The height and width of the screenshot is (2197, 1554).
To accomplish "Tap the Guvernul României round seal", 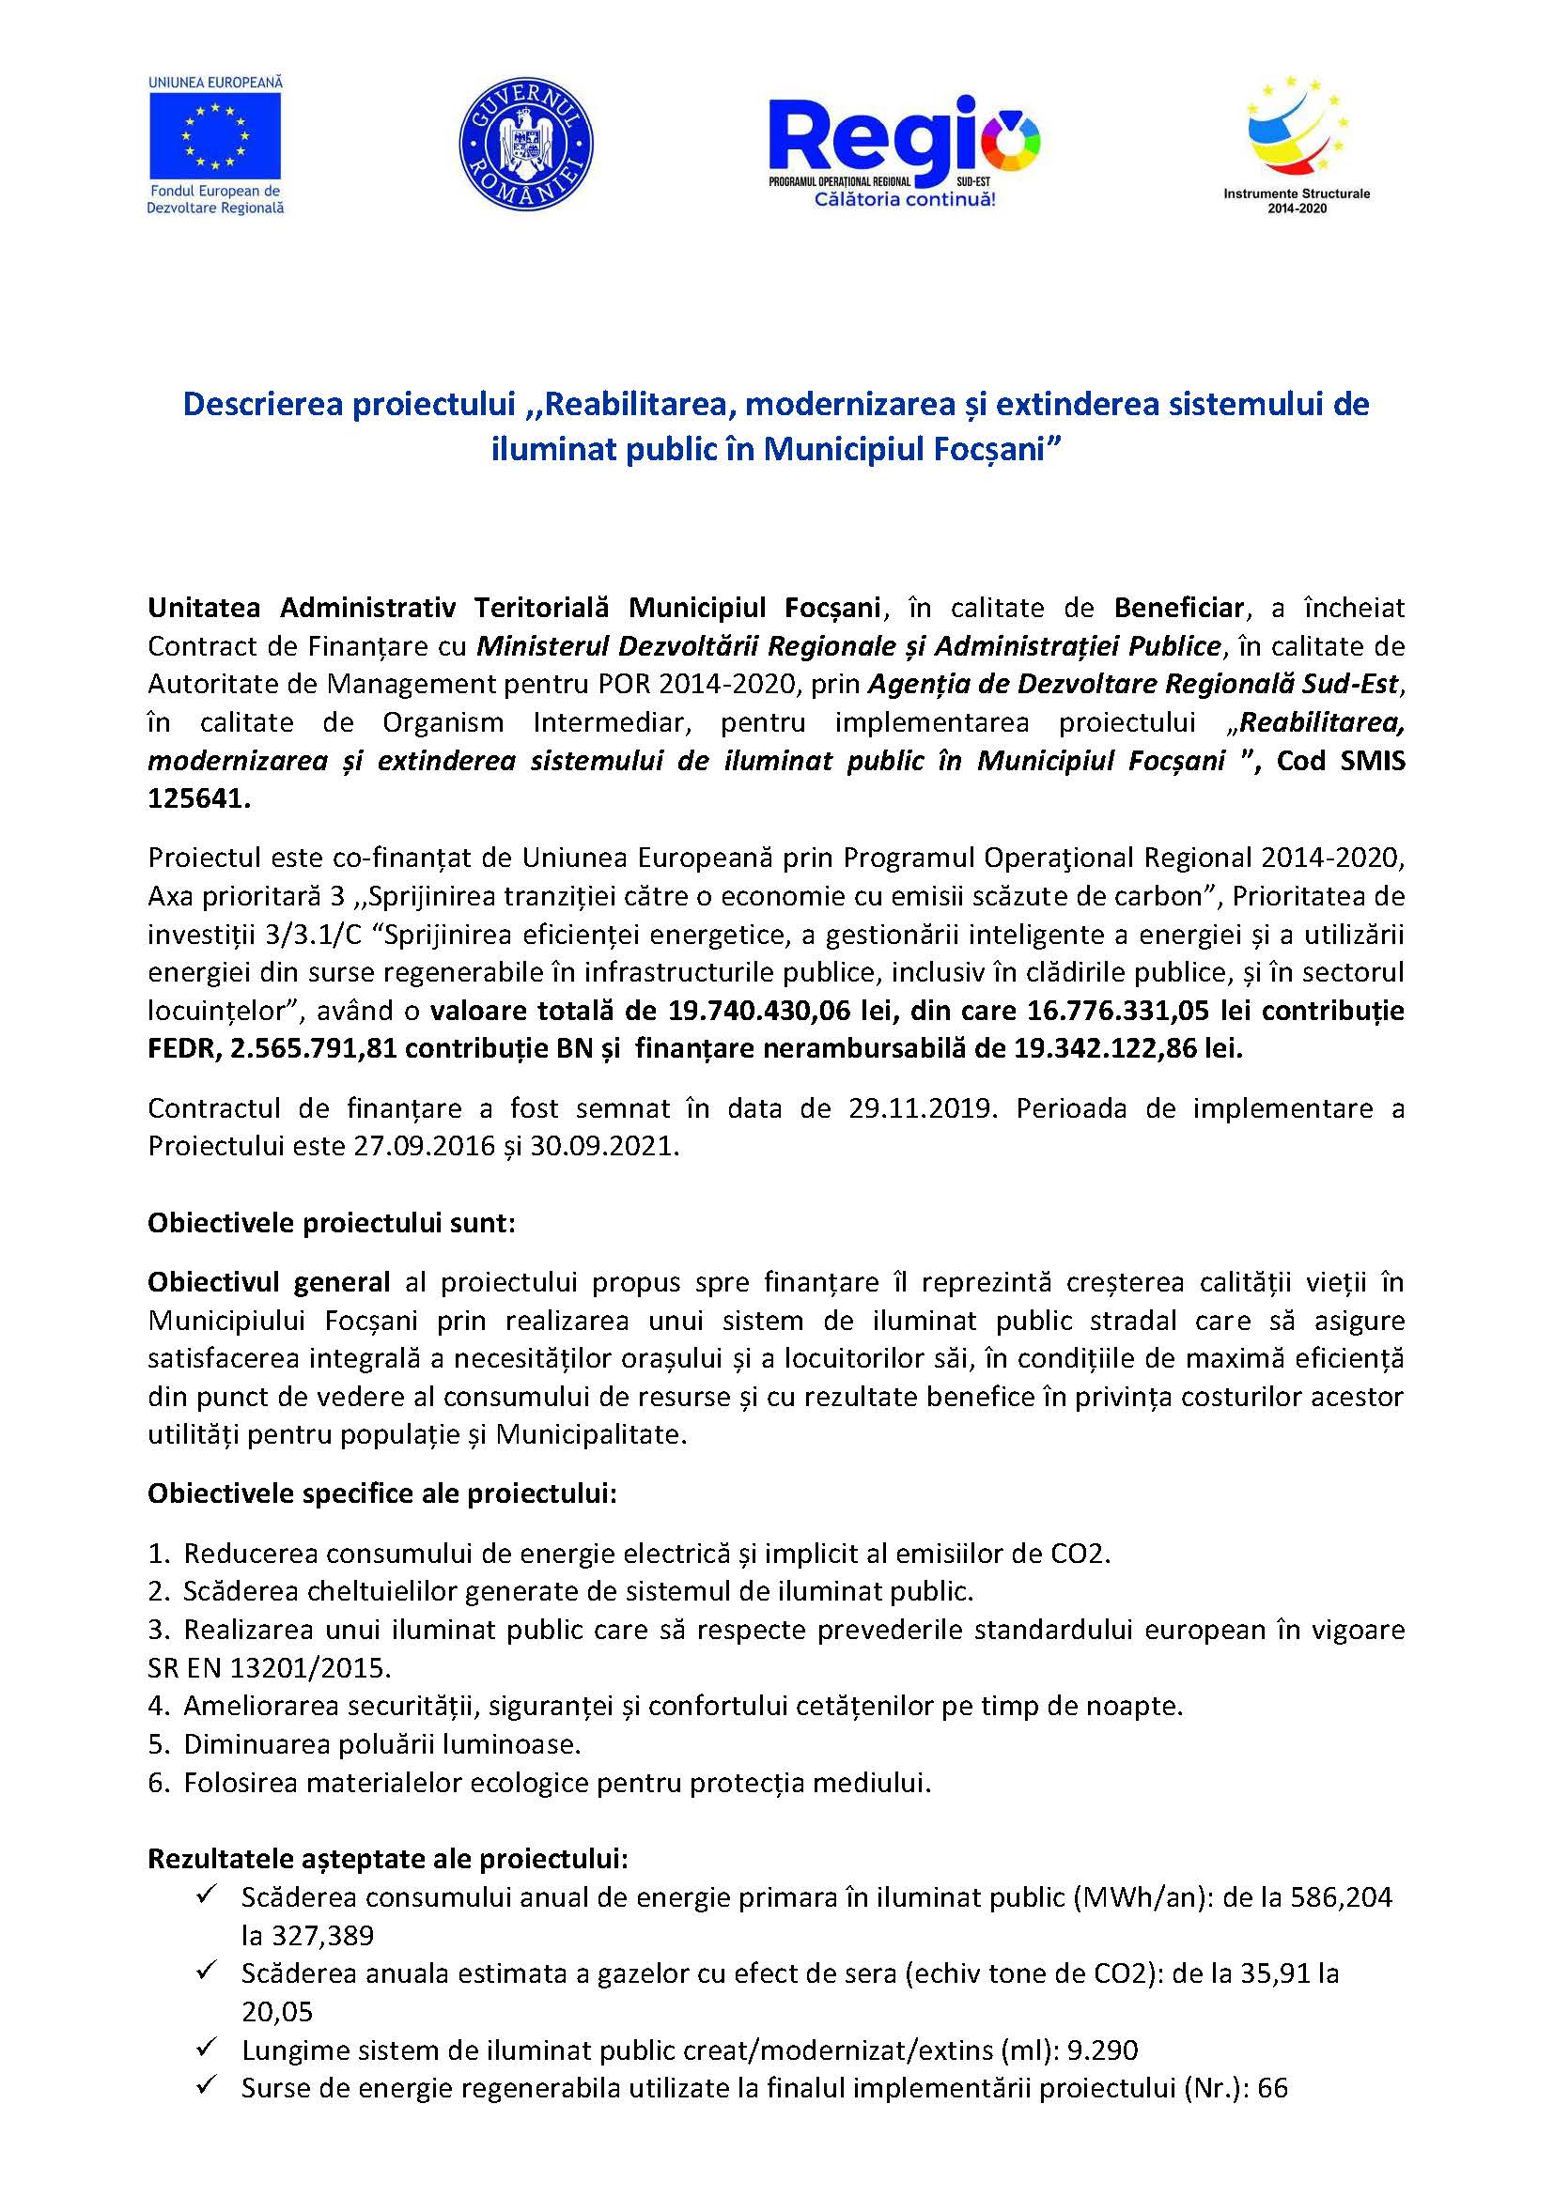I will click(x=525, y=144).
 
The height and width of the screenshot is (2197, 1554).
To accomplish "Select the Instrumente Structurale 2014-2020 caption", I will click(x=1296, y=200).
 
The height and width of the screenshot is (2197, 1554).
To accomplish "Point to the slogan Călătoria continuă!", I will click(x=904, y=200).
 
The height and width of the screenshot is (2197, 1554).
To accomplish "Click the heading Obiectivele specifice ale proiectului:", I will click(x=381, y=1493).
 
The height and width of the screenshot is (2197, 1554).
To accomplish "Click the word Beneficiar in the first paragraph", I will click(x=1178, y=608).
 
